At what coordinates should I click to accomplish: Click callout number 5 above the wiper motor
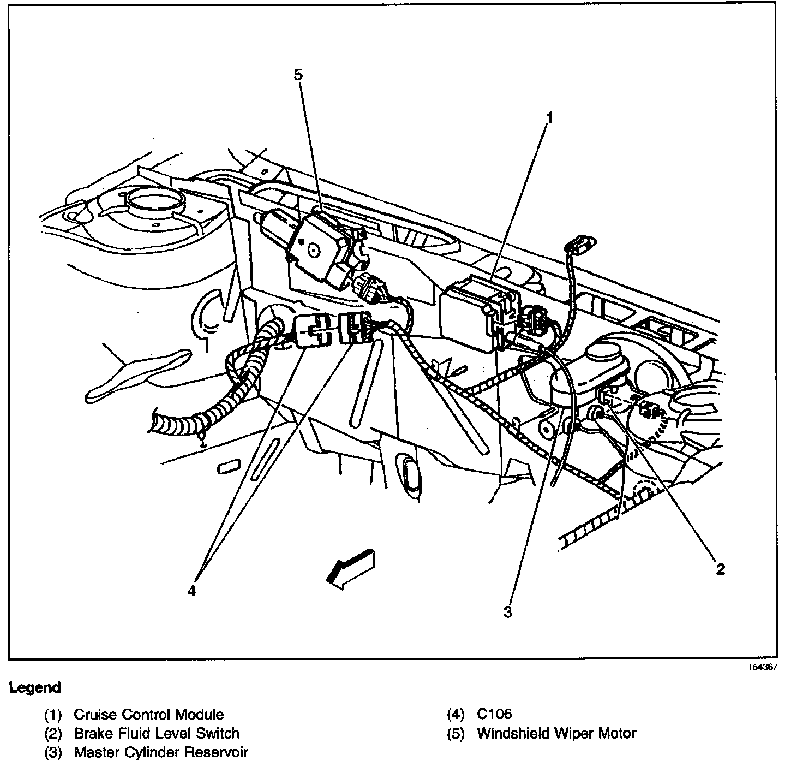click(x=298, y=75)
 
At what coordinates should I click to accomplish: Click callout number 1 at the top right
click(x=549, y=117)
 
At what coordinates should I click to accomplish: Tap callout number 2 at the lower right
click(x=720, y=569)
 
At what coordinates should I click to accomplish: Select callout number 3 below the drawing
click(x=508, y=613)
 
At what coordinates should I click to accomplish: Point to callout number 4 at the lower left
click(x=191, y=591)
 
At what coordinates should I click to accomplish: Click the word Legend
click(x=35, y=688)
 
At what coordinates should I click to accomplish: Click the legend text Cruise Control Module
click(x=148, y=714)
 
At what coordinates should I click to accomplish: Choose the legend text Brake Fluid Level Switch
click(x=157, y=733)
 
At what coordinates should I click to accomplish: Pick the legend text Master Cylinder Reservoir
click(x=161, y=752)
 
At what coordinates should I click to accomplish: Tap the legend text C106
click(x=494, y=714)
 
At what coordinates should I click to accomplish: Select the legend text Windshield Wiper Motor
click(x=556, y=733)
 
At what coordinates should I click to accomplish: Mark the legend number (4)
click(x=455, y=714)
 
